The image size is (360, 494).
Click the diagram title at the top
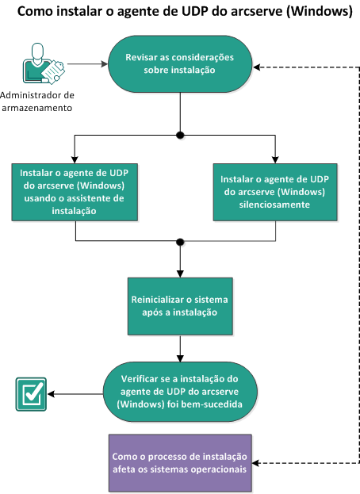pos(179,13)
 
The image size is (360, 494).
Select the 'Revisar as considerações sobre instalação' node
pos(181,63)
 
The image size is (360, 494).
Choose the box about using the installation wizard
pos(75,191)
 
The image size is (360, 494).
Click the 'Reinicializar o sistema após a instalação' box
pos(181,306)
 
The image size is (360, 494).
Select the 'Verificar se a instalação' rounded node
pos(181,392)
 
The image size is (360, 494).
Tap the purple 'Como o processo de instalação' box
pos(179,462)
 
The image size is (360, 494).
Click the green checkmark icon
pos(30,393)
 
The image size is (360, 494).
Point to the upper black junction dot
pos(181,136)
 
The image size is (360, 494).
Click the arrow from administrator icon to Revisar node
pos(87,64)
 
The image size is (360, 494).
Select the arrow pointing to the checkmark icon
pos(75,393)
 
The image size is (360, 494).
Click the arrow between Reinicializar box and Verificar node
pos(181,348)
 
